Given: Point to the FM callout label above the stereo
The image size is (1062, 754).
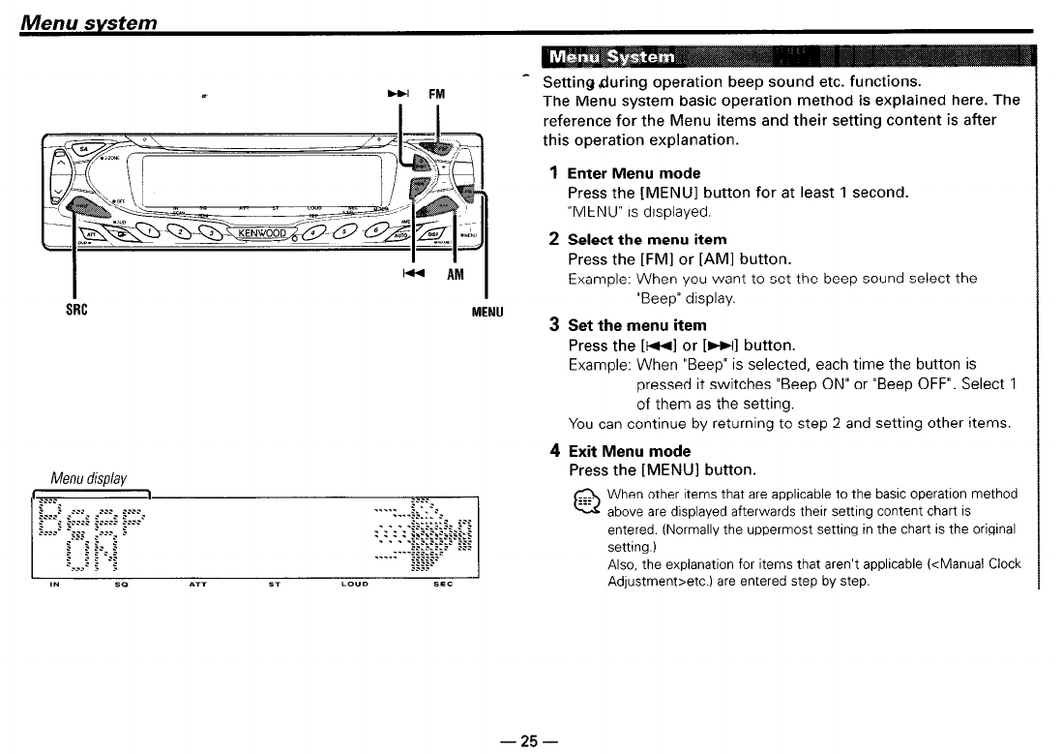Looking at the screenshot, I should pyautogui.click(x=436, y=94).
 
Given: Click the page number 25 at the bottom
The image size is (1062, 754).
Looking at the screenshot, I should pyautogui.click(x=529, y=741).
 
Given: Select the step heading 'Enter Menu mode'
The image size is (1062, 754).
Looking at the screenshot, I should pyautogui.click(x=634, y=173).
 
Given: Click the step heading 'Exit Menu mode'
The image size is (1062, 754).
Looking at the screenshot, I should pyautogui.click(x=629, y=451).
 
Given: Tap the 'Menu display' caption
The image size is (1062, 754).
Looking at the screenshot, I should pyautogui.click(x=90, y=478).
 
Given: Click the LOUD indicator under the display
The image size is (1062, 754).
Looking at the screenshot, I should pyautogui.click(x=359, y=585).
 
